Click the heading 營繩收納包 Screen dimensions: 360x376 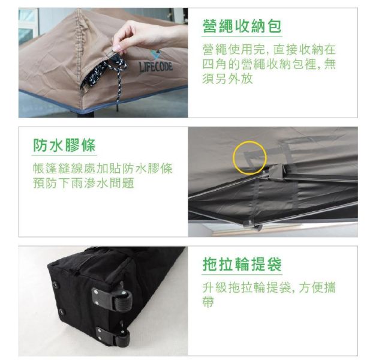[x=242, y=26]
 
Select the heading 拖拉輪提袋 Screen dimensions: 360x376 [x=242, y=265]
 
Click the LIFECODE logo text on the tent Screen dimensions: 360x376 [x=156, y=66]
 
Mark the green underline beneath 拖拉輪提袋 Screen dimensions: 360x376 [x=242, y=275]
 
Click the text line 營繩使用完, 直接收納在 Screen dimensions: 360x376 [x=269, y=50]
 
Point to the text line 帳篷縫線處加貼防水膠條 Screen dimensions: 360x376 [x=103, y=169]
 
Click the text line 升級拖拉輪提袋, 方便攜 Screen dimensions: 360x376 [x=269, y=288]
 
